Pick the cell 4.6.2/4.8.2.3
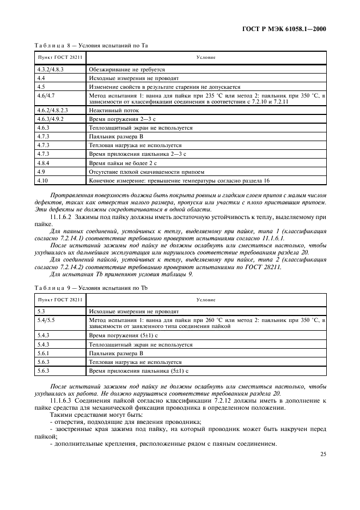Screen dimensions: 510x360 point(52,111)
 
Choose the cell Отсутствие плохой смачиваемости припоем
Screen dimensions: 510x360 point(142,172)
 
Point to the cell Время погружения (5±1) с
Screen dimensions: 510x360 point(123,336)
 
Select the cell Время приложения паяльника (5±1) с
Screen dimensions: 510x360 point(138,371)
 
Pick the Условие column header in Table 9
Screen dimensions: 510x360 point(206,300)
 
